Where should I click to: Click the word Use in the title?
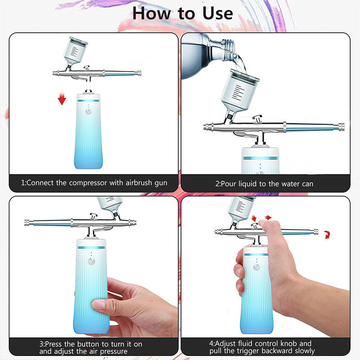(x=217, y=13)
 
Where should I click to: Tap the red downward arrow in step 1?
(x=62, y=98)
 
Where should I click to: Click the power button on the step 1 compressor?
(x=88, y=112)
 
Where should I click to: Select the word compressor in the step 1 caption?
(x=88, y=183)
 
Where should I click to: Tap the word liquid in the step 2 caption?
(x=248, y=184)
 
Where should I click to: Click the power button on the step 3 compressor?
(x=91, y=261)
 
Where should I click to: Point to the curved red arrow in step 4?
(x=327, y=234)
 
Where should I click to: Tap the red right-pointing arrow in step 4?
(x=268, y=217)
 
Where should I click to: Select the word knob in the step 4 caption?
(x=288, y=343)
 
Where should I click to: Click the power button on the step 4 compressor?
(x=256, y=267)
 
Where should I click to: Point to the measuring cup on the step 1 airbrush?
(x=75, y=51)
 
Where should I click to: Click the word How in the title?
(x=152, y=13)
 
